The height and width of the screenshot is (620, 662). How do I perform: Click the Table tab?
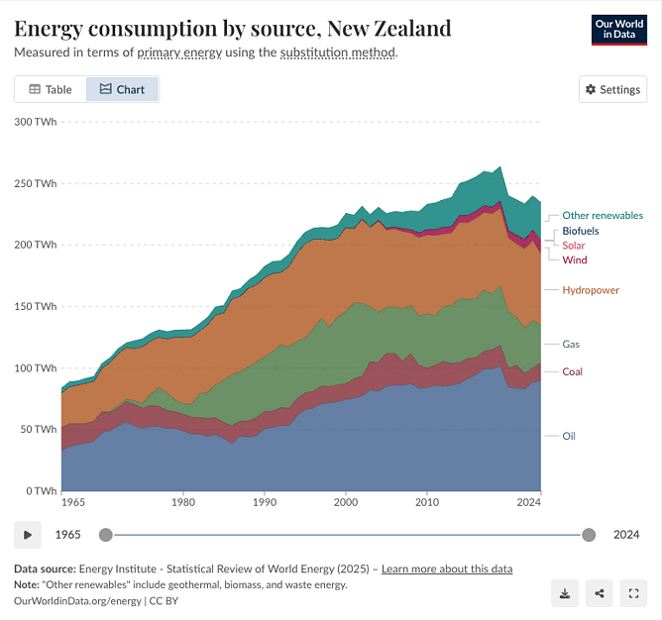(x=51, y=89)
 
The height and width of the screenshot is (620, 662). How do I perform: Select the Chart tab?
(x=122, y=89)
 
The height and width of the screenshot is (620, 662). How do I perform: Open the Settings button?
(x=612, y=89)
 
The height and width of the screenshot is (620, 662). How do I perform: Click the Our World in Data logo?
(x=618, y=29)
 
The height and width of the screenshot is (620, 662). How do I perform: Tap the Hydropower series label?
(x=591, y=290)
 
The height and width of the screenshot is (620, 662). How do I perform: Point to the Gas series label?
(x=571, y=345)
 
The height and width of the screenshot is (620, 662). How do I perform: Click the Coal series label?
(x=573, y=371)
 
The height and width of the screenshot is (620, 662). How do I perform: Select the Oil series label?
(x=569, y=436)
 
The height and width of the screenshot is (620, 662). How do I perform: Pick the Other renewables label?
(x=603, y=215)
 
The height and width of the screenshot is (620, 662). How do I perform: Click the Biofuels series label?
(x=581, y=231)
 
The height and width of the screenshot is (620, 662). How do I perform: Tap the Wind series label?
(x=575, y=260)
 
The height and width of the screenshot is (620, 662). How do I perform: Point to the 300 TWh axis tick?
(x=36, y=122)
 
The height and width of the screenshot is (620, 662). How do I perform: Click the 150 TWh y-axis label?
(x=36, y=307)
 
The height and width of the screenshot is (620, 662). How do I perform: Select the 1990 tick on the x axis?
(x=264, y=503)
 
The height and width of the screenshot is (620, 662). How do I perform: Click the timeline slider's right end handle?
(x=589, y=535)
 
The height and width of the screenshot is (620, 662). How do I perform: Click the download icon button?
(x=564, y=593)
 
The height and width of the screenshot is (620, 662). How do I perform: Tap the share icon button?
(x=599, y=593)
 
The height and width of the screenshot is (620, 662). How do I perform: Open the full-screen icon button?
(x=633, y=593)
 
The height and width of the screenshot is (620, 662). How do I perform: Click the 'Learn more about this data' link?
(x=447, y=568)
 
